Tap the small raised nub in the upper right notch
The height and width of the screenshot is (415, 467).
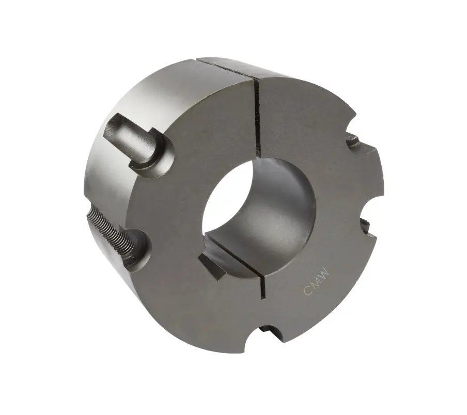(351, 138)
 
